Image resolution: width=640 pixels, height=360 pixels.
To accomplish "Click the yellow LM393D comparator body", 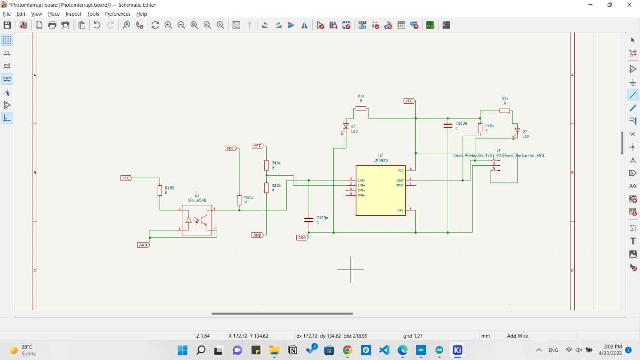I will pyautogui.click(x=380, y=190).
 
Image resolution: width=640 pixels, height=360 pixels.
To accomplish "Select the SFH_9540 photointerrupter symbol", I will pyautogui.click(x=197, y=220).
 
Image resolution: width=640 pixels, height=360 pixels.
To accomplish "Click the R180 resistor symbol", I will pyautogui.click(x=160, y=190).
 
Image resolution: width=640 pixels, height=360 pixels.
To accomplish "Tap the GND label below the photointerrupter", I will pyautogui.click(x=143, y=245).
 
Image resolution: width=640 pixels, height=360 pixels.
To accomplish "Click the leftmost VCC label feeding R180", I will pyautogui.click(x=126, y=178).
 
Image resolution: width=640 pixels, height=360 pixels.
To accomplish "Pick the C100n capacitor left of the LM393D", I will pyautogui.click(x=309, y=220).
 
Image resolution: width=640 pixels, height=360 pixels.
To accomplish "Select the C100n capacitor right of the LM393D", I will pyautogui.click(x=448, y=126).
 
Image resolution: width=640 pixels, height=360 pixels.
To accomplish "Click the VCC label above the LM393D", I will pyautogui.click(x=409, y=101).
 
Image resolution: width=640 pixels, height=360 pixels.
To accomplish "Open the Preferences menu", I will pyautogui.click(x=117, y=14).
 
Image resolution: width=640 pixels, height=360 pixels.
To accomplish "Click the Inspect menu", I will pyautogui.click(x=73, y=14).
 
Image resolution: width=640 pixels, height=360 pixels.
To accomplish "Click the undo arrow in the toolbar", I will pyautogui.click(x=97, y=25).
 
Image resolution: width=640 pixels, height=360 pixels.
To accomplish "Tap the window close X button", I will pyautogui.click(x=629, y=5).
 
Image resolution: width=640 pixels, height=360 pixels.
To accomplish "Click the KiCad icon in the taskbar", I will pyautogui.click(x=458, y=350).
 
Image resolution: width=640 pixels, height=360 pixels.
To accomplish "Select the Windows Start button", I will pyautogui.click(x=182, y=350).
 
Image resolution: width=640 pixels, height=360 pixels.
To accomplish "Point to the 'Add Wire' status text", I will pyautogui.click(x=517, y=336).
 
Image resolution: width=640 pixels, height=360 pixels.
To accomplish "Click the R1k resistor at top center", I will pyautogui.click(x=361, y=109).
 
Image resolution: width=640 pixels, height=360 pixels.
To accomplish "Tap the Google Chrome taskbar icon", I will pyautogui.click(x=347, y=350).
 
